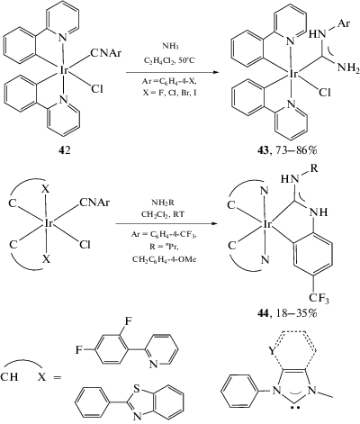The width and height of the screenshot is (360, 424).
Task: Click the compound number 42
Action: click(x=65, y=149)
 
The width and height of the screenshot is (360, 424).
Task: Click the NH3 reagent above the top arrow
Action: click(x=170, y=47)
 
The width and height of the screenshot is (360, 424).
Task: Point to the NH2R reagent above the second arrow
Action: click(x=162, y=203)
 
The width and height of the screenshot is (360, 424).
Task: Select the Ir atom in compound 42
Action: click(x=63, y=70)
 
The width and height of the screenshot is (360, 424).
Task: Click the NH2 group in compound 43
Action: click(x=347, y=68)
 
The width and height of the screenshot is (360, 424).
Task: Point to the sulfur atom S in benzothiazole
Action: click(x=137, y=389)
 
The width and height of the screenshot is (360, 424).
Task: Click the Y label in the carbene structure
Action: click(x=272, y=351)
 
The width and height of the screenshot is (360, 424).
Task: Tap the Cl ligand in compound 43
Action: click(x=324, y=93)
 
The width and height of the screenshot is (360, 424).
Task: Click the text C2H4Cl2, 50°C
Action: click(x=170, y=60)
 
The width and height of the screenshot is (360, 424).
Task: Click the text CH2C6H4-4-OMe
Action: click(x=164, y=258)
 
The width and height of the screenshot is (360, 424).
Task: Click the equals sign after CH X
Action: click(x=57, y=376)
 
